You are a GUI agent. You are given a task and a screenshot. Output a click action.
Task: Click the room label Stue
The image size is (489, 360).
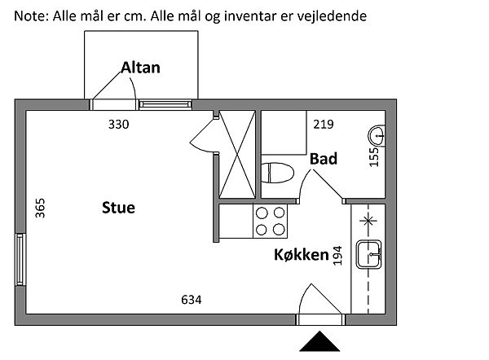coord(118,208)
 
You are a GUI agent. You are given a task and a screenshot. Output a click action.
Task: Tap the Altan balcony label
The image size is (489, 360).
coord(140,68)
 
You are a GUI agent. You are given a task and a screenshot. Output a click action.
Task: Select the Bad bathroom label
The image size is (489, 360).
coord(324,159)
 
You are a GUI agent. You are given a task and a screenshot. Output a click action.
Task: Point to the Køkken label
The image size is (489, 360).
coord(302,255)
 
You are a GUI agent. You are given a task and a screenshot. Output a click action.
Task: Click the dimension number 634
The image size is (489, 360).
coord(191,301)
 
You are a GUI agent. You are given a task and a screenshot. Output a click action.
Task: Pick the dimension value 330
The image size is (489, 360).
coord(120,125)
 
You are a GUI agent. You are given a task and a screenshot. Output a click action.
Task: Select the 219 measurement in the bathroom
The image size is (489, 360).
coord(324,125)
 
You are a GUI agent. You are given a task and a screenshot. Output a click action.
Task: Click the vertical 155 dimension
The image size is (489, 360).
coord(374,156)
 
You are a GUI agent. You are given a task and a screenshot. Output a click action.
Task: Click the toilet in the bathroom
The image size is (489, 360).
coord(278,173)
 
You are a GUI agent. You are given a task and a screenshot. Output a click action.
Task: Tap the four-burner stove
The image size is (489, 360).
coord(271,221)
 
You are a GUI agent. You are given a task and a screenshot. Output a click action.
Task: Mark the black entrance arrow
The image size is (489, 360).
coord(319,341)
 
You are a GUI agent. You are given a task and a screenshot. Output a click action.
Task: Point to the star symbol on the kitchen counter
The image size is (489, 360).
coord(368,219)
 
